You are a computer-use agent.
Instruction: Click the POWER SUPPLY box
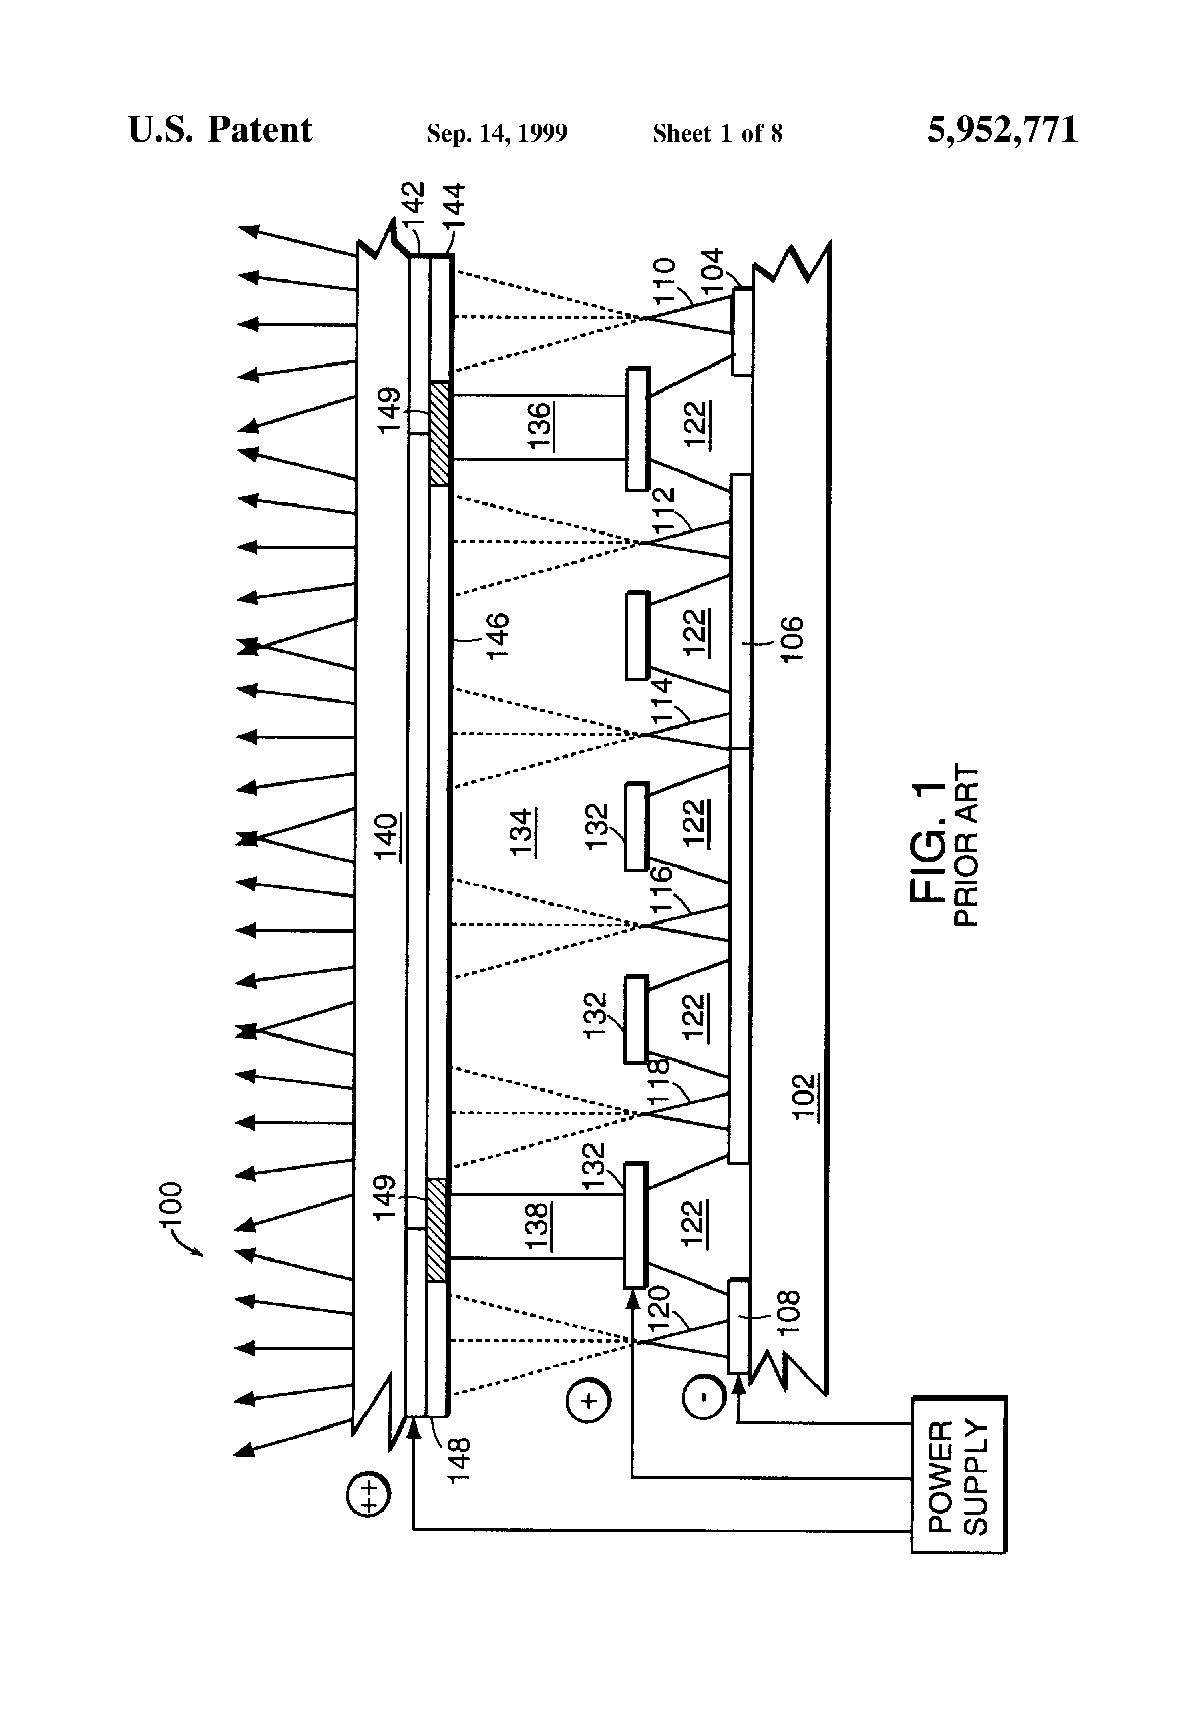(x=959, y=1485)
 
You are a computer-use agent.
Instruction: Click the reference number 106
(x=791, y=639)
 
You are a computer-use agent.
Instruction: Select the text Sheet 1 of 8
(x=717, y=133)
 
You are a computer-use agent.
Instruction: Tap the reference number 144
(x=454, y=210)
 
